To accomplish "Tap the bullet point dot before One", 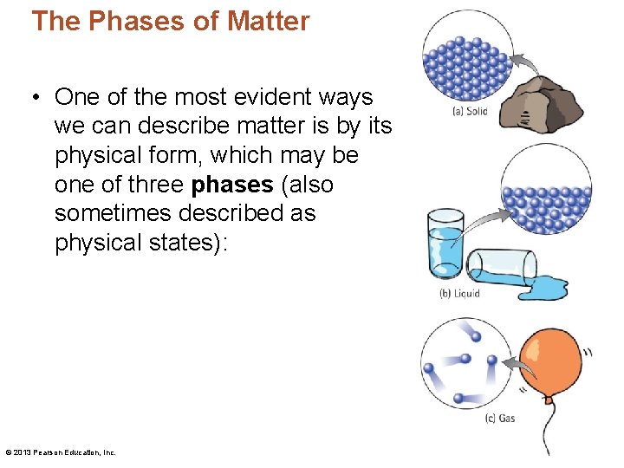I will tap(37, 97).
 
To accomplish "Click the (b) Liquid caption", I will tap(459, 294).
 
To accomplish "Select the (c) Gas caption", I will tap(499, 418).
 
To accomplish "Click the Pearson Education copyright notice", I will tap(61, 452).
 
